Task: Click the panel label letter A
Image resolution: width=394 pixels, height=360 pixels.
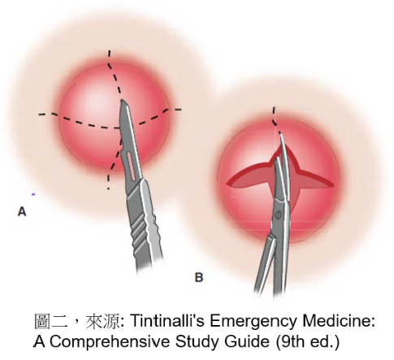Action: tap(22, 211)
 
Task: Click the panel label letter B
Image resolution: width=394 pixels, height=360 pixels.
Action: tap(199, 278)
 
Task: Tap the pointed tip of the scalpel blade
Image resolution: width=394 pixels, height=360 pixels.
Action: tap(123, 101)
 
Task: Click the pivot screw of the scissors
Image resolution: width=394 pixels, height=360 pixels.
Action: tap(278, 215)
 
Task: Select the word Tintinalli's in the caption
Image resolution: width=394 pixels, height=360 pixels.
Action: tap(167, 321)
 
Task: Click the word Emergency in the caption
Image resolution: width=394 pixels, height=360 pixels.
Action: tap(253, 323)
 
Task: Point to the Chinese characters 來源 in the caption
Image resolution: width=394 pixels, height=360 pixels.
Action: tap(102, 322)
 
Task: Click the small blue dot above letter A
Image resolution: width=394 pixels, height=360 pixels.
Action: tap(33, 194)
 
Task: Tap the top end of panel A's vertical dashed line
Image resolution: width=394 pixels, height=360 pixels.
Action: tap(109, 50)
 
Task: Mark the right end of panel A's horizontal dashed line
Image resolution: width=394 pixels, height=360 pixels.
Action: tap(180, 110)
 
